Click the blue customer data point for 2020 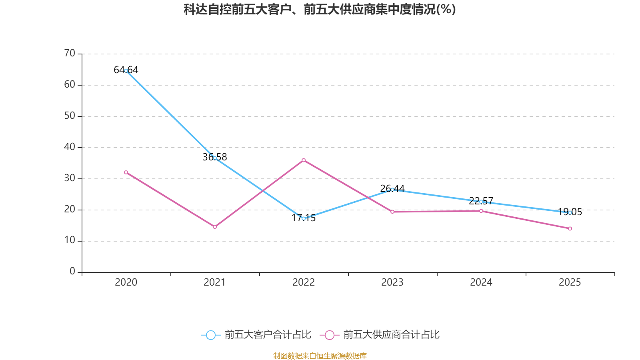pyautogui.click(x=126, y=71)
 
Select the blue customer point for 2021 pyautogui.click(x=215, y=158)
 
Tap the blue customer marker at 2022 pyautogui.click(x=304, y=218)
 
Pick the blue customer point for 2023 pyautogui.click(x=392, y=190)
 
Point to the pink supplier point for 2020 pyautogui.click(x=126, y=172)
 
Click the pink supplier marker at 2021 pyautogui.click(x=215, y=227)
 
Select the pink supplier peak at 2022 pyautogui.click(x=304, y=160)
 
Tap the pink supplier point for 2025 pyautogui.click(x=570, y=228)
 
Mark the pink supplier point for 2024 pyautogui.click(x=481, y=211)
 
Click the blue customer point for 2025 pyautogui.click(x=570, y=213)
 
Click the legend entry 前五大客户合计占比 pyautogui.click(x=256, y=335)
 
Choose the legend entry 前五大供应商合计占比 pyautogui.click(x=380, y=335)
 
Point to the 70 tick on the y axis pyautogui.click(x=70, y=54)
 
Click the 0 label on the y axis pyautogui.click(x=72, y=272)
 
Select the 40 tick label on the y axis pyautogui.click(x=70, y=147)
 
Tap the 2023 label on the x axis pyautogui.click(x=392, y=282)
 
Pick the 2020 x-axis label pyautogui.click(x=126, y=282)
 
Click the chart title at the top pyautogui.click(x=320, y=10)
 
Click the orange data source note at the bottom pyautogui.click(x=320, y=356)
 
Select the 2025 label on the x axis pyautogui.click(x=570, y=282)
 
